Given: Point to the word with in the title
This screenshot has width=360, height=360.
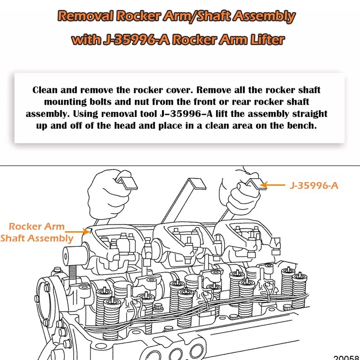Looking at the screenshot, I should click(x=86, y=40).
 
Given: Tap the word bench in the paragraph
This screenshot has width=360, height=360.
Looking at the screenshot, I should click(x=303, y=125).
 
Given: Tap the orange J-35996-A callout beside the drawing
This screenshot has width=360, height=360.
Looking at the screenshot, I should click(x=313, y=185).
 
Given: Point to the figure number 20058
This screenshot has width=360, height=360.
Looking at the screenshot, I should click(x=347, y=356).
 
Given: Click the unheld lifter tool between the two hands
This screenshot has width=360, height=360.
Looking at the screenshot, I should click(x=189, y=198).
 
